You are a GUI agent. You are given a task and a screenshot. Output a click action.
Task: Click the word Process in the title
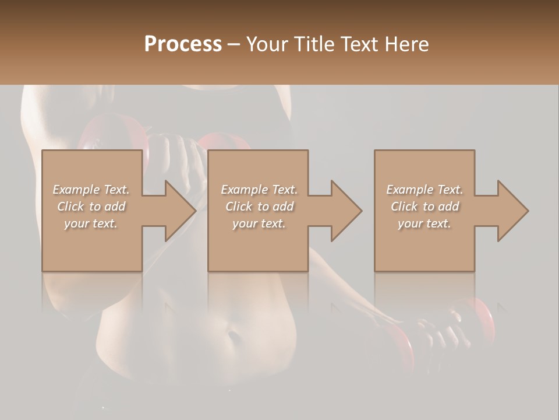coord(183,44)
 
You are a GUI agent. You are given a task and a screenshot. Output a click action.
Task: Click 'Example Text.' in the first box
coord(91,190)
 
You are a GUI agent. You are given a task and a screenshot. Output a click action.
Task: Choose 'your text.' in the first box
coord(91,223)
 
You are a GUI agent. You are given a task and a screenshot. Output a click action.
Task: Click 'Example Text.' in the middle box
coord(259,190)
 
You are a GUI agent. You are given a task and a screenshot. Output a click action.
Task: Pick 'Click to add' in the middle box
coord(259,206)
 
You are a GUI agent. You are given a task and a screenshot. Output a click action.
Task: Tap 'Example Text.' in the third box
coord(424,190)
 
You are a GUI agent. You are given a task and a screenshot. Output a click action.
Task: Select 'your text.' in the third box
coord(424,223)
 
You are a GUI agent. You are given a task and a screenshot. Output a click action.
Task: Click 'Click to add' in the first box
coord(91,206)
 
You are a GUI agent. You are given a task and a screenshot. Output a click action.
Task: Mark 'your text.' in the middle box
coord(259,223)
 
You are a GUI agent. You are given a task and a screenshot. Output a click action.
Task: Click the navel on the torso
coord(233,337)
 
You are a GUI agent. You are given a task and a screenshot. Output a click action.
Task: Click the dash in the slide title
coord(233,45)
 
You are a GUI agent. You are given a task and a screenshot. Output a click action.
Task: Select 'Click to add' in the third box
coord(424,206)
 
